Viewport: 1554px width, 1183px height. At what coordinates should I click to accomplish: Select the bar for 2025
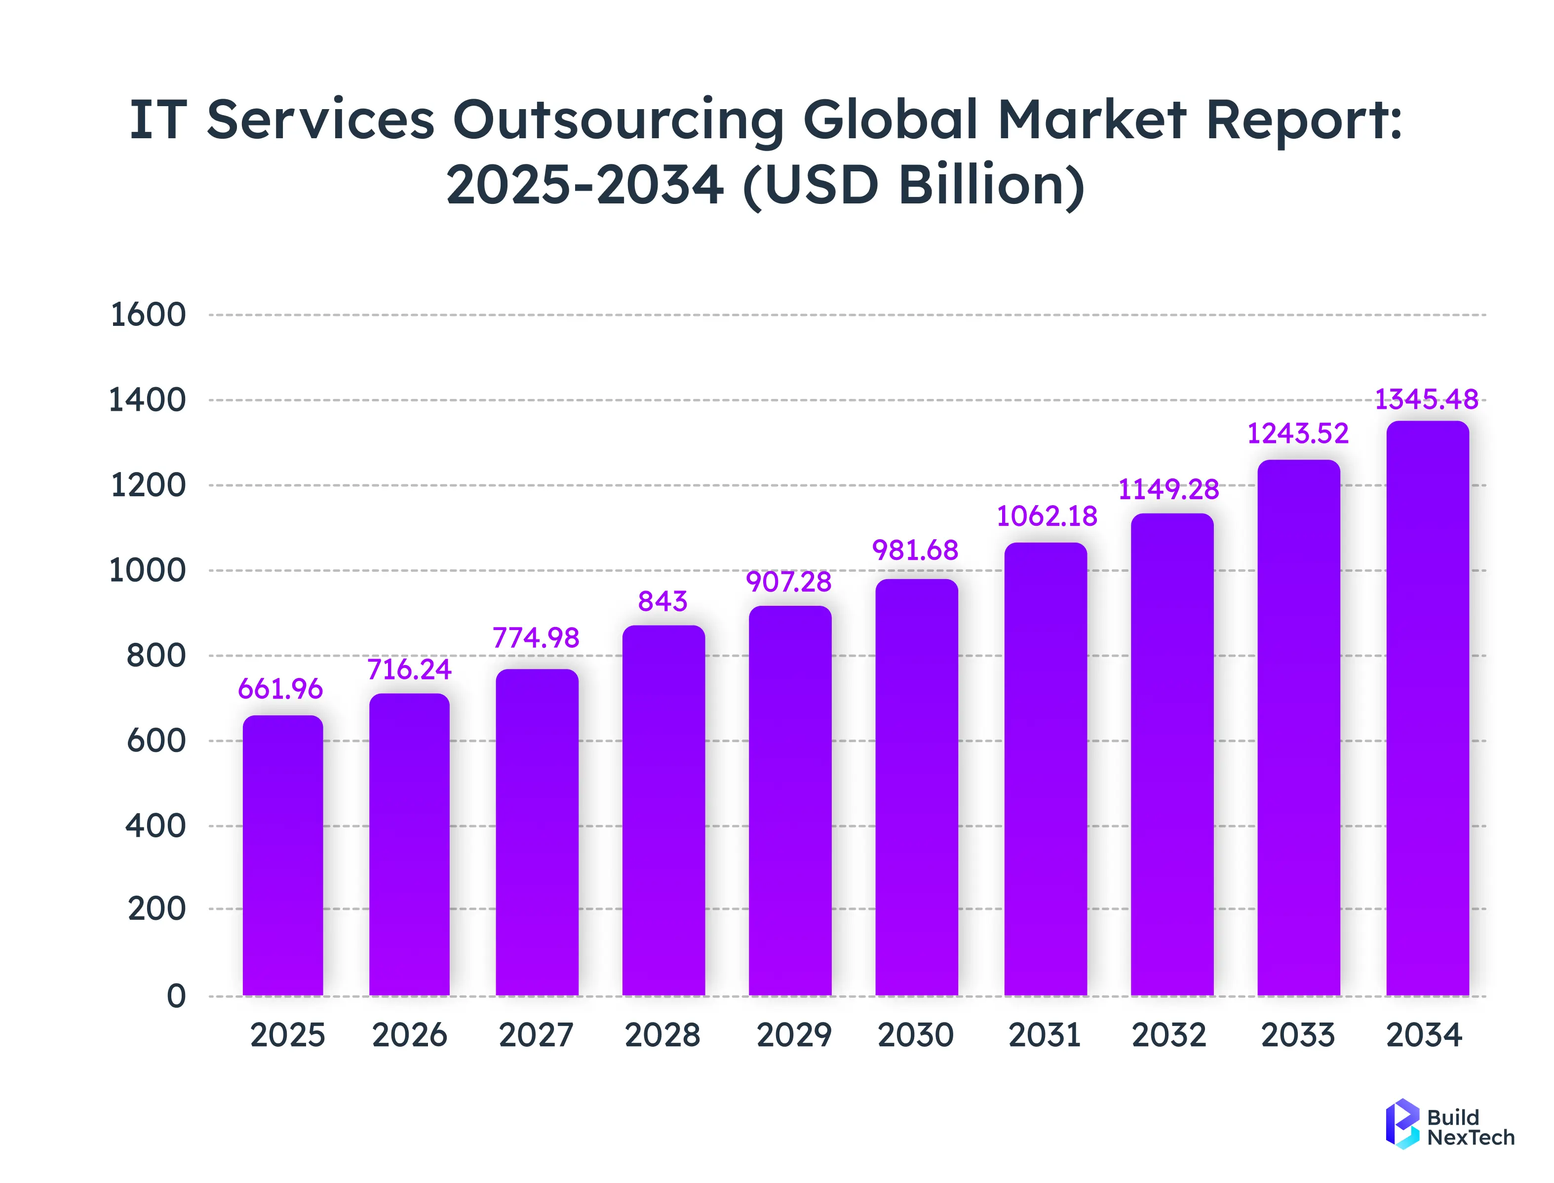tap(282, 856)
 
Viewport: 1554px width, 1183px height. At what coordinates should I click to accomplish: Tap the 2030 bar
tap(916, 787)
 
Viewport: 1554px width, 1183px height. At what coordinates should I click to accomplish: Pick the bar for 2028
tap(663, 810)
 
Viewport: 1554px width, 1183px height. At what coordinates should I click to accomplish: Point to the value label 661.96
tap(280, 689)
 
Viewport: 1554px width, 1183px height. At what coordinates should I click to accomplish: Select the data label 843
tap(662, 601)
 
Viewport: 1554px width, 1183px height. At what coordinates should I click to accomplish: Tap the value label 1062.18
tap(1047, 516)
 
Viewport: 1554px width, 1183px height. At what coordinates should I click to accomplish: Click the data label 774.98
tap(536, 638)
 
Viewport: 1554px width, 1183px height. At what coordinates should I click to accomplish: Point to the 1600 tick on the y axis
tap(148, 315)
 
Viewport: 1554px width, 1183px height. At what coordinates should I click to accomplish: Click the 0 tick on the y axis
tap(176, 996)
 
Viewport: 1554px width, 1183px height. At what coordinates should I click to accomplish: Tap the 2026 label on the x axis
tap(409, 1035)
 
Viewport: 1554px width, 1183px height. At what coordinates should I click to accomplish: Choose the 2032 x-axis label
tap(1169, 1035)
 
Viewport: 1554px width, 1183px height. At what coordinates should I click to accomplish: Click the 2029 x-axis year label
tap(794, 1035)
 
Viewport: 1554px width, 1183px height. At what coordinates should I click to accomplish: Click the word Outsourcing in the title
tap(618, 119)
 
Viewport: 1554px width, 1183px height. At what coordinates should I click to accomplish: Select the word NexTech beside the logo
tap(1470, 1137)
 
